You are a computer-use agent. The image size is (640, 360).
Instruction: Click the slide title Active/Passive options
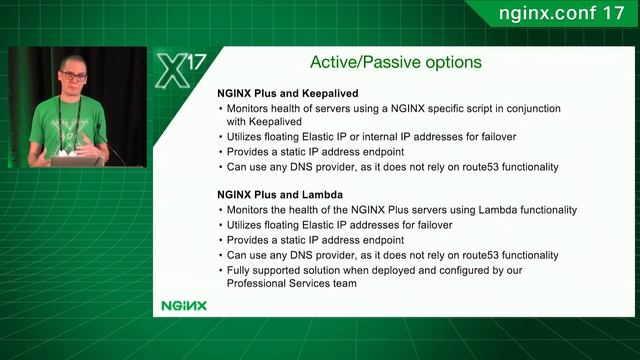[395, 62]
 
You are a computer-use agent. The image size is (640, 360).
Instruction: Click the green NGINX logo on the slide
[184, 305]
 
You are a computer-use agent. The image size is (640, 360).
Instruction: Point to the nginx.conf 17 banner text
[560, 14]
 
